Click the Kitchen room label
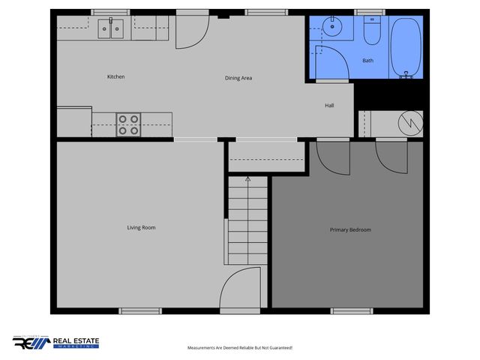115,77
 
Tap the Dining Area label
238,78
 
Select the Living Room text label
141,227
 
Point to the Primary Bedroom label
350,229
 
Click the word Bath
367,61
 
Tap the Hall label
329,106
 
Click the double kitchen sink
112,29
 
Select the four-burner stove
128,124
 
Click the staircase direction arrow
247,181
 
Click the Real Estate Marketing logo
55,343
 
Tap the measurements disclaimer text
239,348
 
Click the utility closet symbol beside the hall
409,123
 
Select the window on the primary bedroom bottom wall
352,310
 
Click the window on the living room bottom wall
140,310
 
